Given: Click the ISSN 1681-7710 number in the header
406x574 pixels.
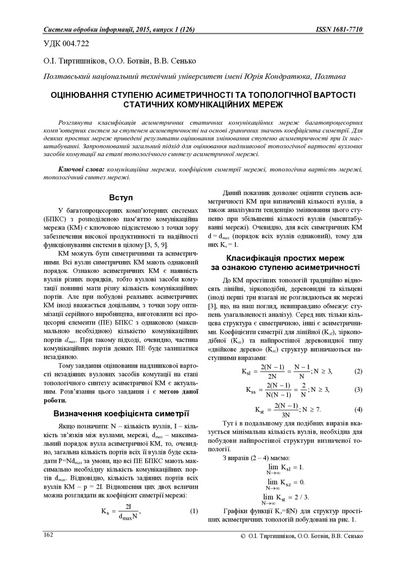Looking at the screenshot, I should coord(340,29).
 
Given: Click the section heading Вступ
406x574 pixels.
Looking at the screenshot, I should coord(121,198).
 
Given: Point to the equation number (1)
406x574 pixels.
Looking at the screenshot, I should coord(194,511).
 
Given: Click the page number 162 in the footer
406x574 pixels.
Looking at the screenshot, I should coord(48,535).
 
